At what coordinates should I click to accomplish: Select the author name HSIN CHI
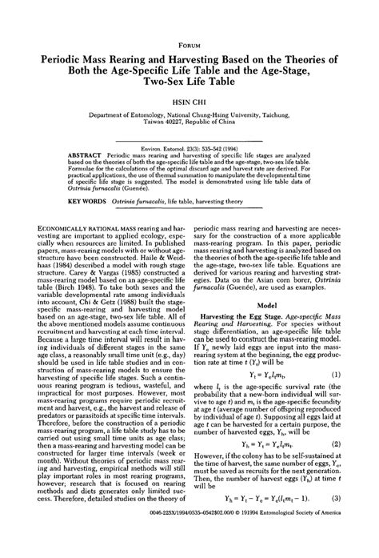point(189,103)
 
